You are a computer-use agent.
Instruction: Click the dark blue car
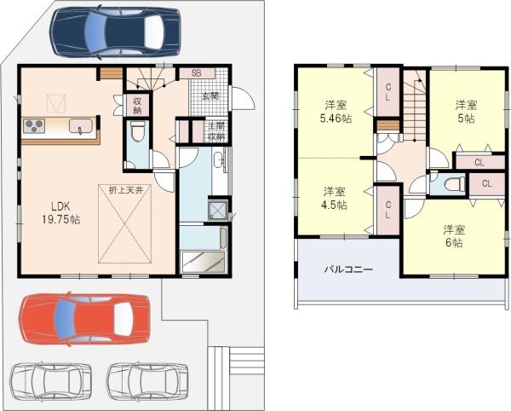tap(115, 32)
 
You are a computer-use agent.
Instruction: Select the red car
tap(84, 319)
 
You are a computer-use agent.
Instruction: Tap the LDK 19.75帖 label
tap(60, 212)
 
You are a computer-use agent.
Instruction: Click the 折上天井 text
tap(125, 190)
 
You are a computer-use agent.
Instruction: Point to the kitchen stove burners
tap(34, 126)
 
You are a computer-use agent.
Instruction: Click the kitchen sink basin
tap(81, 125)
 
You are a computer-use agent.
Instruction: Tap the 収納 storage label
tap(137, 106)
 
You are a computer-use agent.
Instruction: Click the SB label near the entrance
tap(196, 73)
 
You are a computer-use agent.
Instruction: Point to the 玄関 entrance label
tap(210, 96)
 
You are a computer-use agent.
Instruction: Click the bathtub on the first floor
tap(203, 237)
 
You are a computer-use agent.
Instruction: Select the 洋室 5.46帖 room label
tap(336, 112)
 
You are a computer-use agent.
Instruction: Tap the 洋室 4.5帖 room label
tap(335, 199)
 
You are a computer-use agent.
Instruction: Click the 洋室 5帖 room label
tap(466, 112)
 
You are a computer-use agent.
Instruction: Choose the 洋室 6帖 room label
tap(454, 236)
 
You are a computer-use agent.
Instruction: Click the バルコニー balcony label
tap(348, 269)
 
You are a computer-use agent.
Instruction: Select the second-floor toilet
tap(455, 183)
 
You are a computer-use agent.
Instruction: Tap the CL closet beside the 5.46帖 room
tap(388, 91)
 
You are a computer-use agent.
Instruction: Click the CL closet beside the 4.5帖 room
tap(388, 210)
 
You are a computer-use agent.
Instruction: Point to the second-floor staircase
tap(415, 106)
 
